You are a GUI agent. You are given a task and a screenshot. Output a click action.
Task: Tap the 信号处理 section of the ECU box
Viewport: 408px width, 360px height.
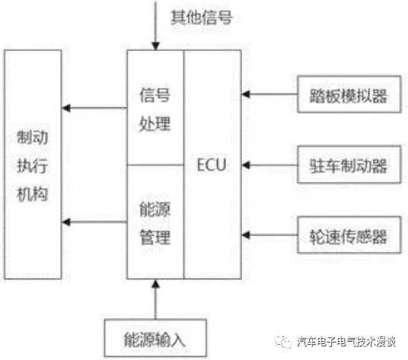pos(155,108)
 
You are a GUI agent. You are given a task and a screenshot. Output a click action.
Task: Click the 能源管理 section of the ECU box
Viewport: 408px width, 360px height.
pos(155,221)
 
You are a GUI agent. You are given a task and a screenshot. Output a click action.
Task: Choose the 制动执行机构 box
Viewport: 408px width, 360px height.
pos(32,164)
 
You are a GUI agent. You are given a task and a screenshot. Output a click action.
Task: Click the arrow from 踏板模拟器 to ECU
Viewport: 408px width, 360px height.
pos(269,94)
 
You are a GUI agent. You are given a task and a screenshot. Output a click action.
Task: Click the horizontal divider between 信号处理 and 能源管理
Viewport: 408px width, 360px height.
pos(155,164)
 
